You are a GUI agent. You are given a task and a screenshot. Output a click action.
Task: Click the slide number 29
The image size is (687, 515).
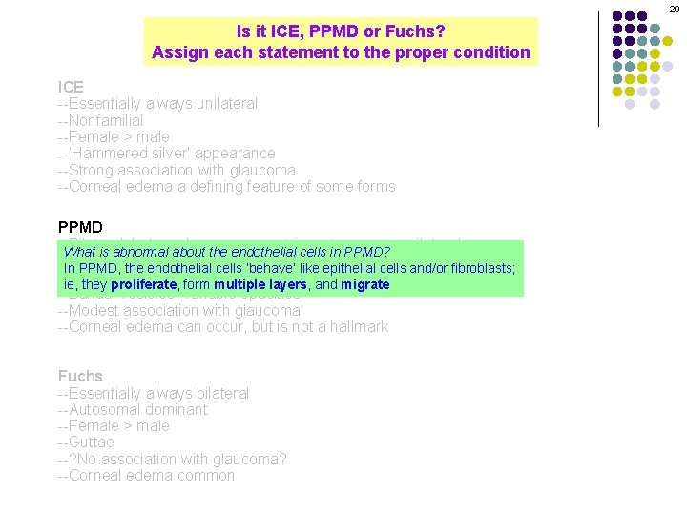coord(675,9)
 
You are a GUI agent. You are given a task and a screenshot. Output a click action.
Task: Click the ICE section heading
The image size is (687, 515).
coord(71,87)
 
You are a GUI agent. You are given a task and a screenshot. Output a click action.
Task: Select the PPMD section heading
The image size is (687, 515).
coord(80,227)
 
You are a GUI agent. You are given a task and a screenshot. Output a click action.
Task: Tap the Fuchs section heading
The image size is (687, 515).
coord(80,376)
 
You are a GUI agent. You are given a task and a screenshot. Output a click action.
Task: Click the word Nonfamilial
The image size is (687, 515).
coord(106,120)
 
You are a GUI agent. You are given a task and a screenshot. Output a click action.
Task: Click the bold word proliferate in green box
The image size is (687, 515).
coord(143,284)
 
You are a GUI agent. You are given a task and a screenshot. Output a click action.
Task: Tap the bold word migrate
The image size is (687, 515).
coord(365,284)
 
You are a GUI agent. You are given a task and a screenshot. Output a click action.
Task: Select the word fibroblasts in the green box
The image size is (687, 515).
coord(479,268)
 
